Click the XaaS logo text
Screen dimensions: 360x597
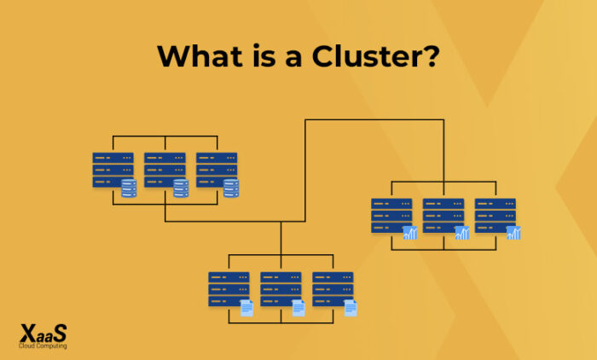point(43,334)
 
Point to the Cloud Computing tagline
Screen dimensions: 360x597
point(43,346)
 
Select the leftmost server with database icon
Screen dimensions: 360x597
point(113,171)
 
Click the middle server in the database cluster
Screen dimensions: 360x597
point(165,171)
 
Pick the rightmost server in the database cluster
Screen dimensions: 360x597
point(217,171)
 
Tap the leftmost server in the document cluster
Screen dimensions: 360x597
point(229,290)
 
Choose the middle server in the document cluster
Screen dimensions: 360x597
point(281,290)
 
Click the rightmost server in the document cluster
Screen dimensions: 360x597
point(333,290)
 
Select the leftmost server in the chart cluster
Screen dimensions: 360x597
point(391,217)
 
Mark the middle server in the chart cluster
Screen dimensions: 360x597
point(443,217)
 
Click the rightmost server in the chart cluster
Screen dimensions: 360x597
point(496,217)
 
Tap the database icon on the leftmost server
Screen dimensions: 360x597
point(129,188)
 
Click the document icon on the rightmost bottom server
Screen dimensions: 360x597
point(351,308)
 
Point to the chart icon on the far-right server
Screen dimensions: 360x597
point(513,233)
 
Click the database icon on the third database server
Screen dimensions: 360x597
point(231,188)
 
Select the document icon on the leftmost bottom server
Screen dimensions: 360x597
point(246,308)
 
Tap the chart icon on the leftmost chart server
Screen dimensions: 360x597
point(409,233)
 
